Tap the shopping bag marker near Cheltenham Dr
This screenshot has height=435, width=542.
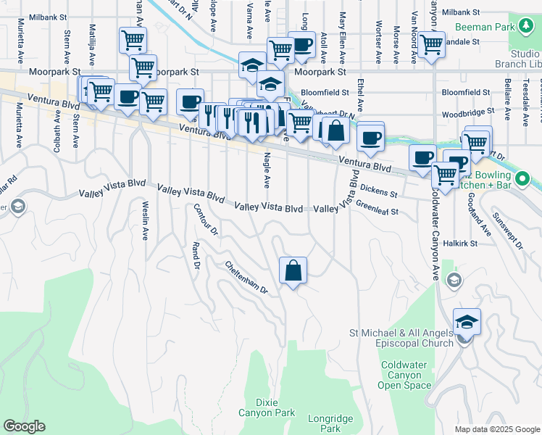293,271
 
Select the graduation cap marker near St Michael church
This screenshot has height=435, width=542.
467,321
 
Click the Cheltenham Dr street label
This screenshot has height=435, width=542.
246,278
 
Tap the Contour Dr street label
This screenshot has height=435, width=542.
205,219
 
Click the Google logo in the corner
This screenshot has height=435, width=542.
24,426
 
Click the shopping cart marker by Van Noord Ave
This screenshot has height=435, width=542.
431,45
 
